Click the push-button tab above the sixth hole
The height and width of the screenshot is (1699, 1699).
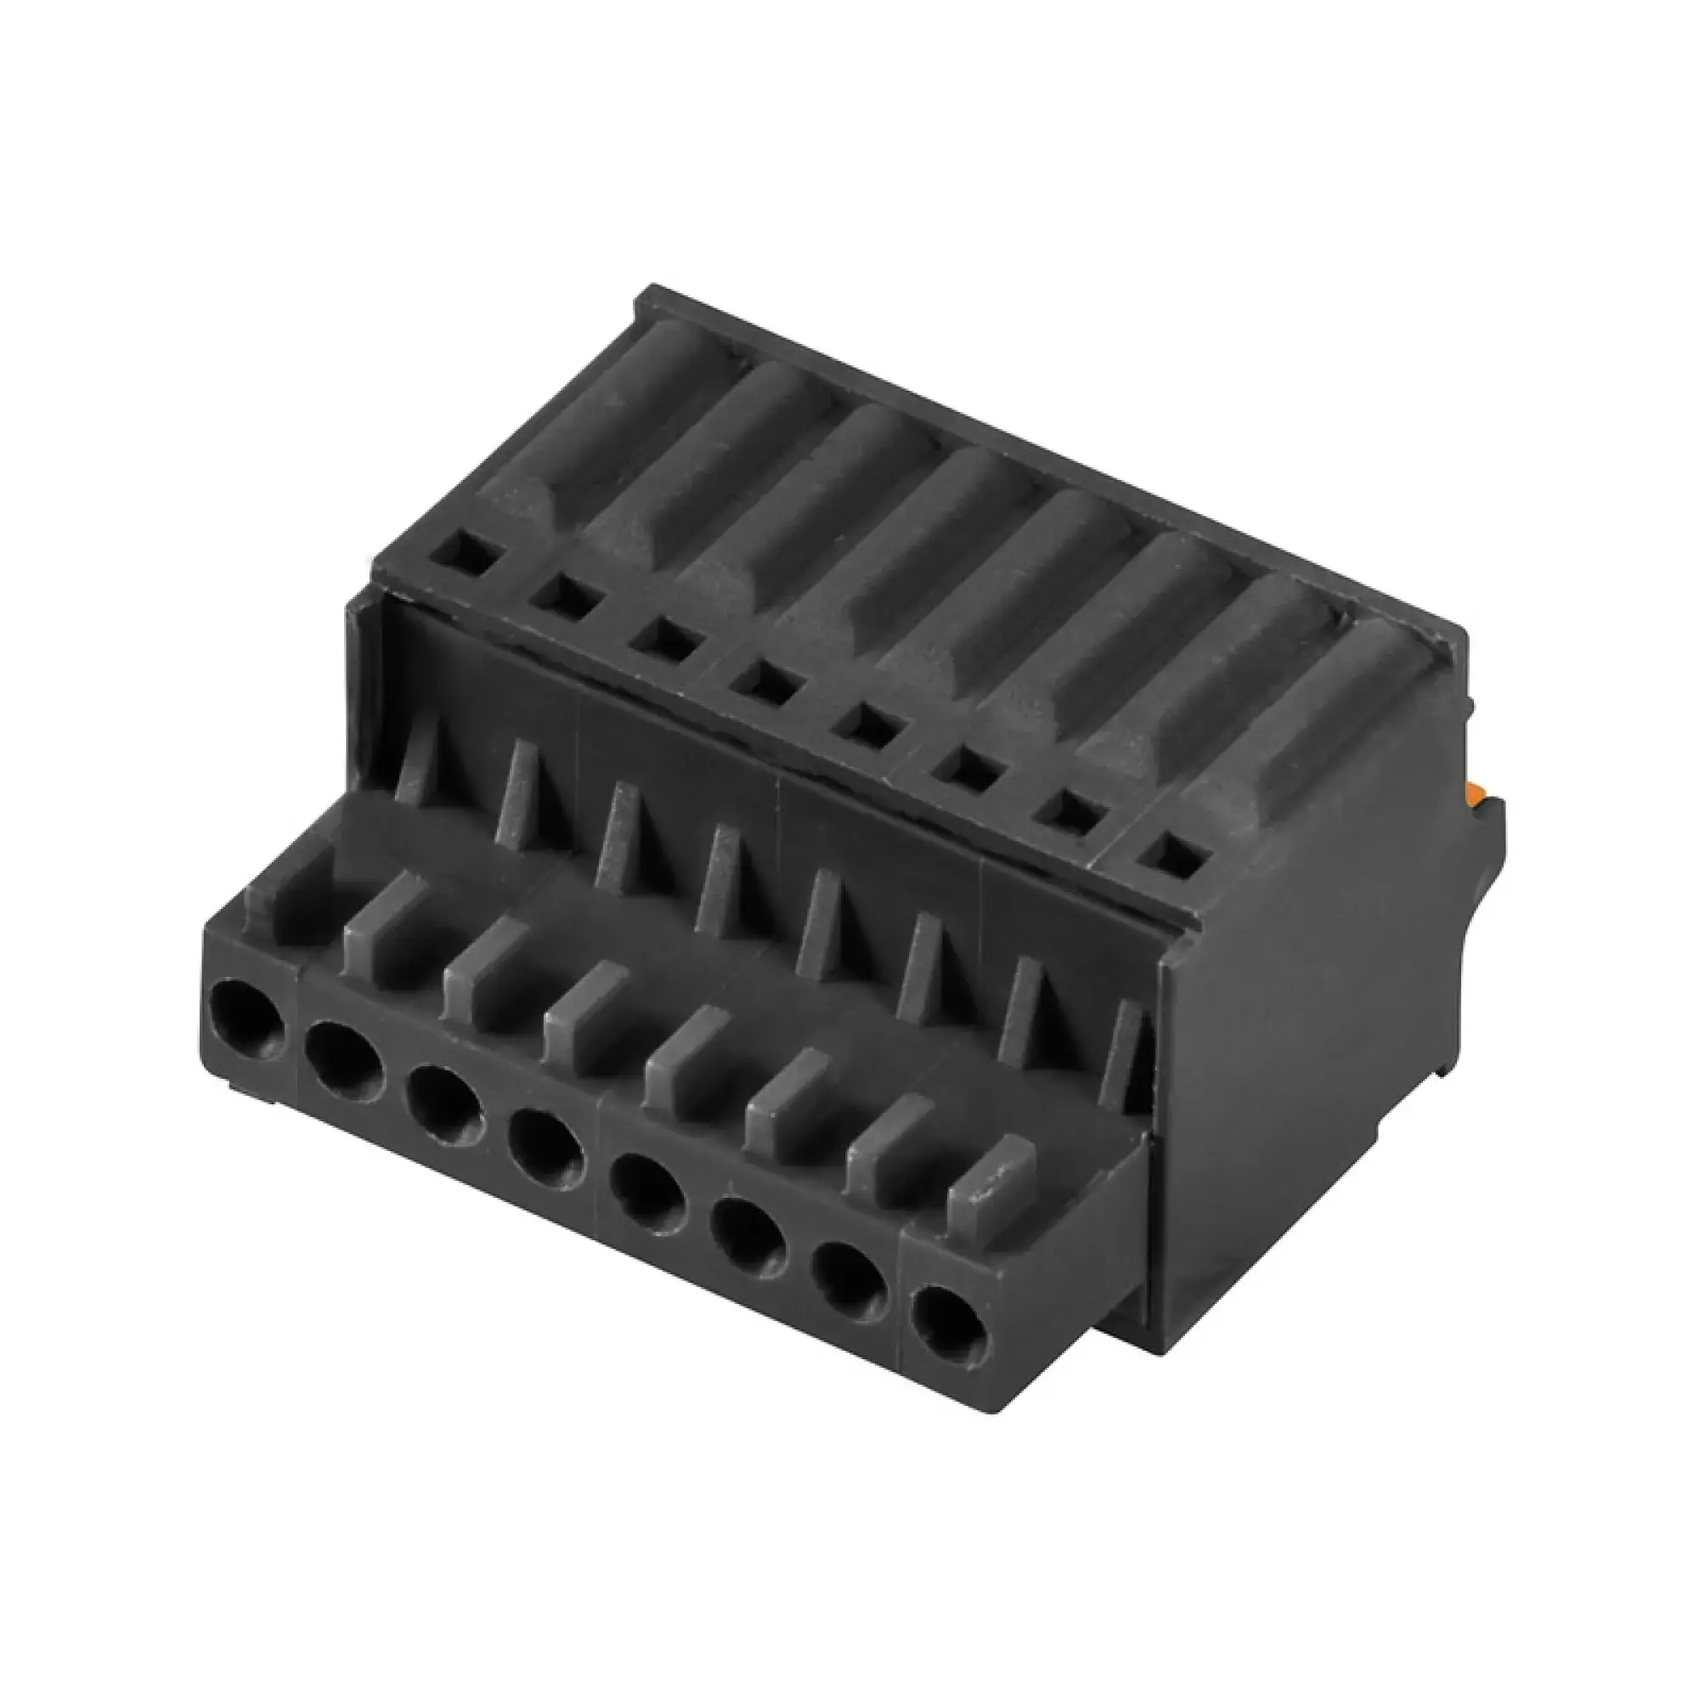[x=784, y=1091]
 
